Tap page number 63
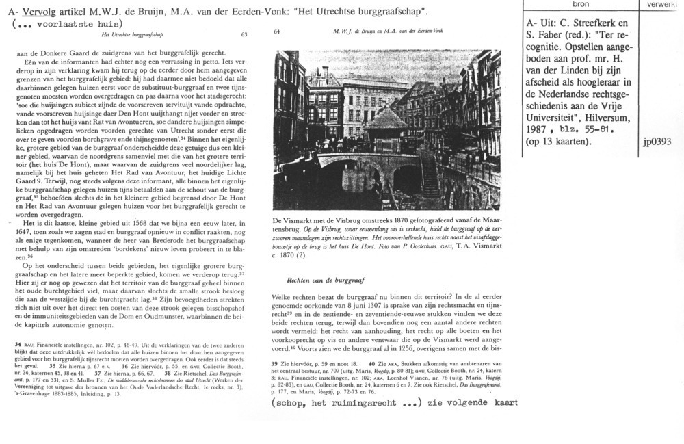pos(244,34)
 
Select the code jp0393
pos(658,142)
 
